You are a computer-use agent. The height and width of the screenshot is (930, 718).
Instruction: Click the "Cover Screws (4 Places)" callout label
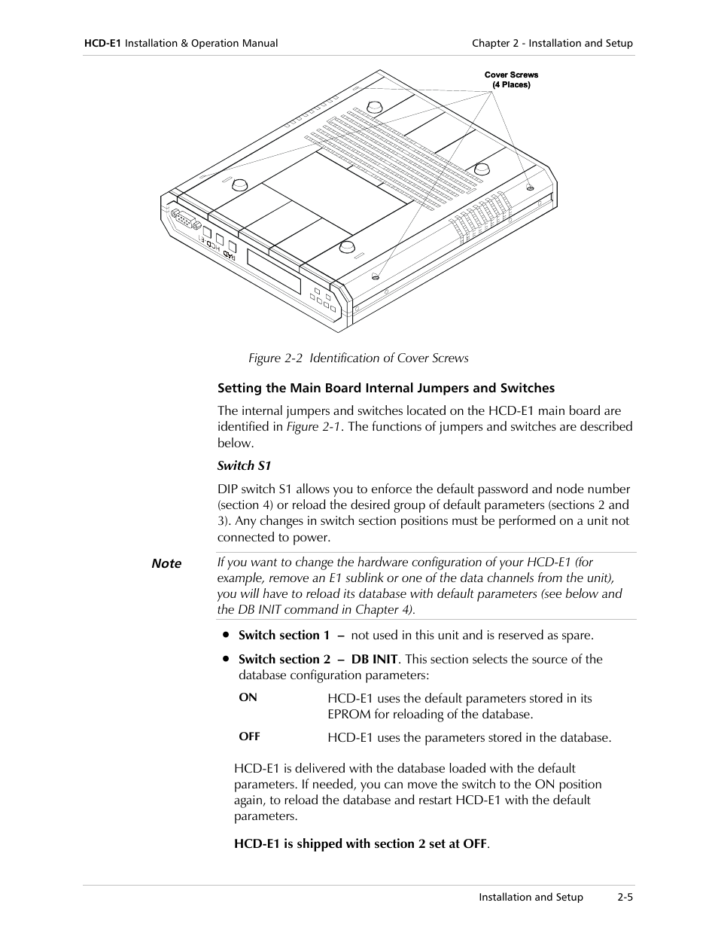click(511, 80)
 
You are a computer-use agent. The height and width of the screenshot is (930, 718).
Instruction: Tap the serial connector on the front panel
click(184, 221)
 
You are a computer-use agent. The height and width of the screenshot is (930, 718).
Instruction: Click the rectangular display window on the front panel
click(274, 271)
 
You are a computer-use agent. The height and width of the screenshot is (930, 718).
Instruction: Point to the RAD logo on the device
click(229, 256)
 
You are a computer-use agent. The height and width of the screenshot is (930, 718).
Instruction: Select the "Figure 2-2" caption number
click(275, 358)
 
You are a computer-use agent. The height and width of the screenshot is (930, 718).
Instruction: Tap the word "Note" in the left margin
click(166, 564)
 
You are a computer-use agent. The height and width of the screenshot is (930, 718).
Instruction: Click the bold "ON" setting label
click(248, 697)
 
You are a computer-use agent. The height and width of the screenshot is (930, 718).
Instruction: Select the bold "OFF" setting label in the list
click(249, 736)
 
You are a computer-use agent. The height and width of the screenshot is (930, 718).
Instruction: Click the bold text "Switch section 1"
click(284, 635)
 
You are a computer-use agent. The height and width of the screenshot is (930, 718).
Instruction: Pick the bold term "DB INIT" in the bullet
click(374, 659)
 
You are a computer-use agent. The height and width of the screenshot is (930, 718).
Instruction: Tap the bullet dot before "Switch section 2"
click(225, 658)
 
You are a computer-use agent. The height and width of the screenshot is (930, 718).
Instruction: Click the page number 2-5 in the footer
click(625, 897)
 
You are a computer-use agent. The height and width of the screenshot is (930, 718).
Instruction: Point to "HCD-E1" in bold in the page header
click(102, 44)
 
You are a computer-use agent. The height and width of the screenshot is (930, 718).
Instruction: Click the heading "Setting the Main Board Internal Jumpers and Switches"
click(386, 389)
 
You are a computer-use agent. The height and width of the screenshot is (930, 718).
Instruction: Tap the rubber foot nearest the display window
click(347, 248)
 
